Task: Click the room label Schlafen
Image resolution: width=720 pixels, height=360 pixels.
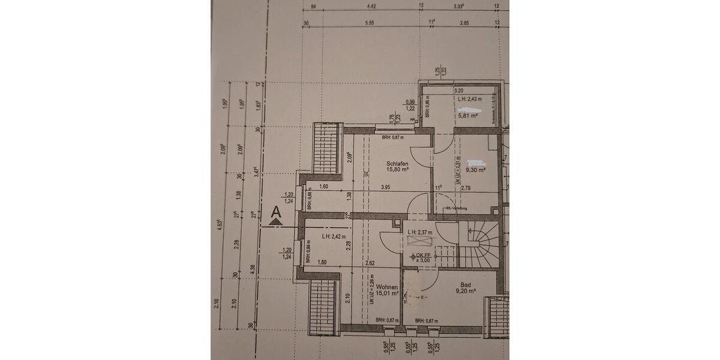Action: (x=397, y=164)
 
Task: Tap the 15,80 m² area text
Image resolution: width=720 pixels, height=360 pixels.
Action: (x=397, y=170)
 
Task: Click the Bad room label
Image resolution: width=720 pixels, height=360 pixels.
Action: (x=465, y=285)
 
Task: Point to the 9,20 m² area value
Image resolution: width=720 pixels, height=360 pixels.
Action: (x=465, y=292)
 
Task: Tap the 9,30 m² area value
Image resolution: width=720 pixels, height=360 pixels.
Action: (x=475, y=170)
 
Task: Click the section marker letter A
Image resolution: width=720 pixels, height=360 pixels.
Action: (x=276, y=211)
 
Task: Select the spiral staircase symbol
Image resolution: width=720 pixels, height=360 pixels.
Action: (x=480, y=245)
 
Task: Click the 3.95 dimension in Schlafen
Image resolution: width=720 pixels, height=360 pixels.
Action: (x=386, y=188)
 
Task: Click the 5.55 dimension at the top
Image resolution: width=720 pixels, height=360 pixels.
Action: (x=369, y=23)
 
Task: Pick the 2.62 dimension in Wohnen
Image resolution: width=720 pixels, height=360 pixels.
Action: (x=370, y=263)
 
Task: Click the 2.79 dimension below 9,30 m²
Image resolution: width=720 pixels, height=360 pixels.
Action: (x=466, y=188)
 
